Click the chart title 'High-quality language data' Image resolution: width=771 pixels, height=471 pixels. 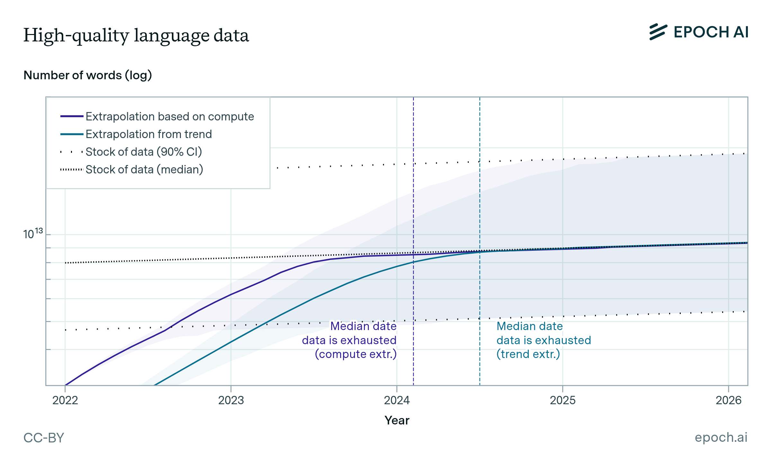[x=136, y=35]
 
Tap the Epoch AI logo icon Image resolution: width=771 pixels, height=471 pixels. [x=658, y=32]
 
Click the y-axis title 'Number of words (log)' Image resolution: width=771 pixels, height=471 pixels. [x=87, y=75]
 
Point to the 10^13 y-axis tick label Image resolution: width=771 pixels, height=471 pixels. [x=33, y=233]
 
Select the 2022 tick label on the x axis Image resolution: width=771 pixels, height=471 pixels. [x=65, y=400]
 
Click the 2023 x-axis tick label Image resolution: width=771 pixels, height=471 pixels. [x=231, y=400]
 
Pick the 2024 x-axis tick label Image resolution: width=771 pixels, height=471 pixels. [x=397, y=400]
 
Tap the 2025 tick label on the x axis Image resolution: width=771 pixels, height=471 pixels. [x=563, y=400]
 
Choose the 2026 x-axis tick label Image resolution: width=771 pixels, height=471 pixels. [x=728, y=400]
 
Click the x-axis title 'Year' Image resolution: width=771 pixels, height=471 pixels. [x=397, y=420]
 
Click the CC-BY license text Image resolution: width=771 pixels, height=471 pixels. [x=44, y=438]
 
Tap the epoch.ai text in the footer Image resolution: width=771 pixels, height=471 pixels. [x=721, y=437]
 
